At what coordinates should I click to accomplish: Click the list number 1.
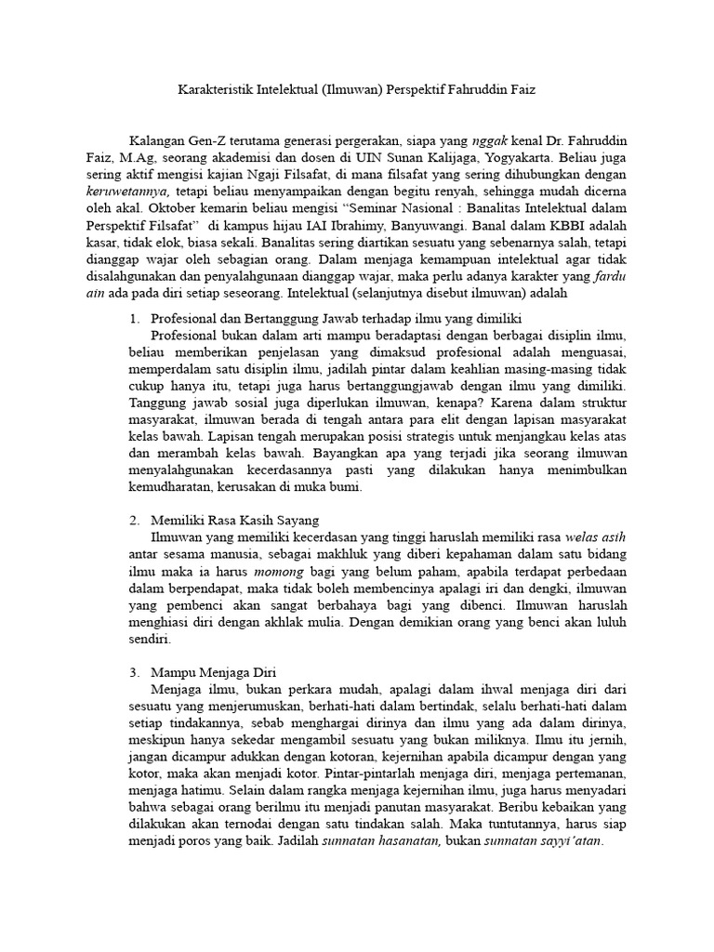point(133,318)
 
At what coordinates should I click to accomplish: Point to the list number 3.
point(133,669)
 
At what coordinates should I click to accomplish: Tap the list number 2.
point(133,519)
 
